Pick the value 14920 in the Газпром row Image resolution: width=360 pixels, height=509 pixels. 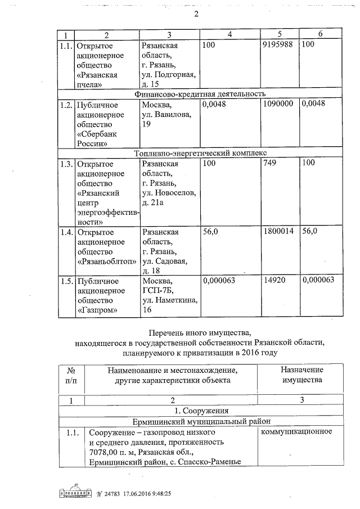pyautogui.click(x=274, y=281)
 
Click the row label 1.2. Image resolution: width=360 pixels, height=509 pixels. pyautogui.click(x=66, y=105)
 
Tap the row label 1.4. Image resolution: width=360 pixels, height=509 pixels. pyautogui.click(x=66, y=232)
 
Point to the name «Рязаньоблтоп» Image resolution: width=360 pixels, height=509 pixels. pyautogui.click(x=106, y=261)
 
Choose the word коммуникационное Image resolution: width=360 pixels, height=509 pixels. pyautogui.click(x=296, y=432)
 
